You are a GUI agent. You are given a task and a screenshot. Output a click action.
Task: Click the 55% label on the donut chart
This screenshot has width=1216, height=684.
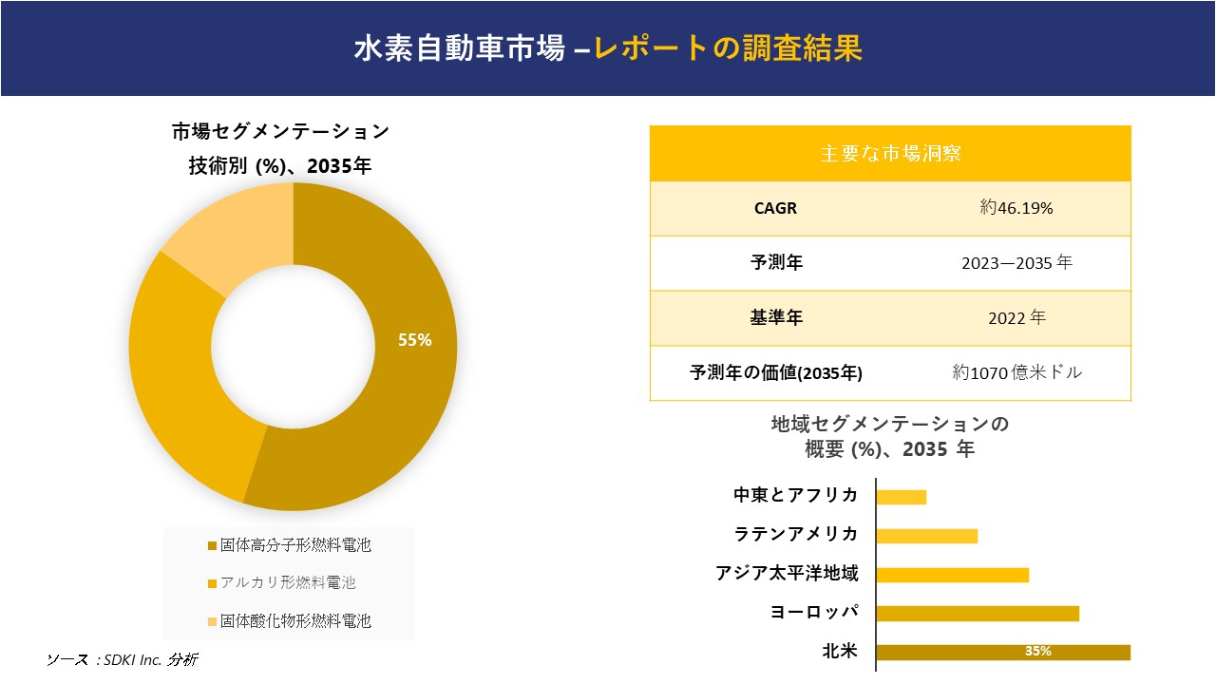414,340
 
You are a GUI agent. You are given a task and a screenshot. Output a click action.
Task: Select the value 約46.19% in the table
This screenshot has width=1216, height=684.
1016,209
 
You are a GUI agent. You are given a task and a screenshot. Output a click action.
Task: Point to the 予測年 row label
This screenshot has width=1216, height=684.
776,263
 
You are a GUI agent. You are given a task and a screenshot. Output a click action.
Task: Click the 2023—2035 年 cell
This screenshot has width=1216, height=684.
1016,263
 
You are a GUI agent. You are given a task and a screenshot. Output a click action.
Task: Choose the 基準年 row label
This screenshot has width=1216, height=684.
776,318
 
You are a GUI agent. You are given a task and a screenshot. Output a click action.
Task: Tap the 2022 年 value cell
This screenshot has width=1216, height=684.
1016,318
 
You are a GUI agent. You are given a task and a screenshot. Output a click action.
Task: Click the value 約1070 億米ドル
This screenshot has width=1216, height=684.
1016,373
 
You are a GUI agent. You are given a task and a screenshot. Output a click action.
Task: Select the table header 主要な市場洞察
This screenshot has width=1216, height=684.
890,153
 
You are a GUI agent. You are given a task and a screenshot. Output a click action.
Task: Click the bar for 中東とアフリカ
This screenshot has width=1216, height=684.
901,497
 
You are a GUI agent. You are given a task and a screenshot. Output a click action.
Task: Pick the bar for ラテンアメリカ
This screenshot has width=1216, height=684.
926,536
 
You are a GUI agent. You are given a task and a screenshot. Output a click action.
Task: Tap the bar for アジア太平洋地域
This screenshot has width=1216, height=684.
952,575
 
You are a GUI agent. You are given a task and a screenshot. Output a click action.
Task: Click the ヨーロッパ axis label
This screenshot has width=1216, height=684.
814,612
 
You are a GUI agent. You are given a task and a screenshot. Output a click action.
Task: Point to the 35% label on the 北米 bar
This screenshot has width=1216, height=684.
1037,652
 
